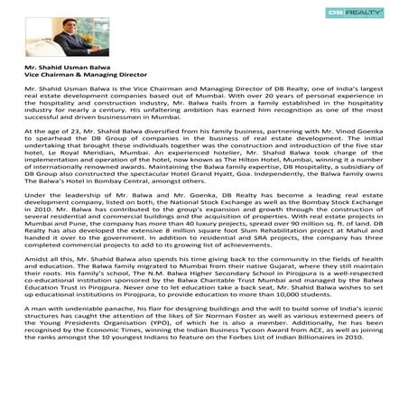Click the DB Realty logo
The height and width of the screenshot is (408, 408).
click(x=362, y=14)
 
